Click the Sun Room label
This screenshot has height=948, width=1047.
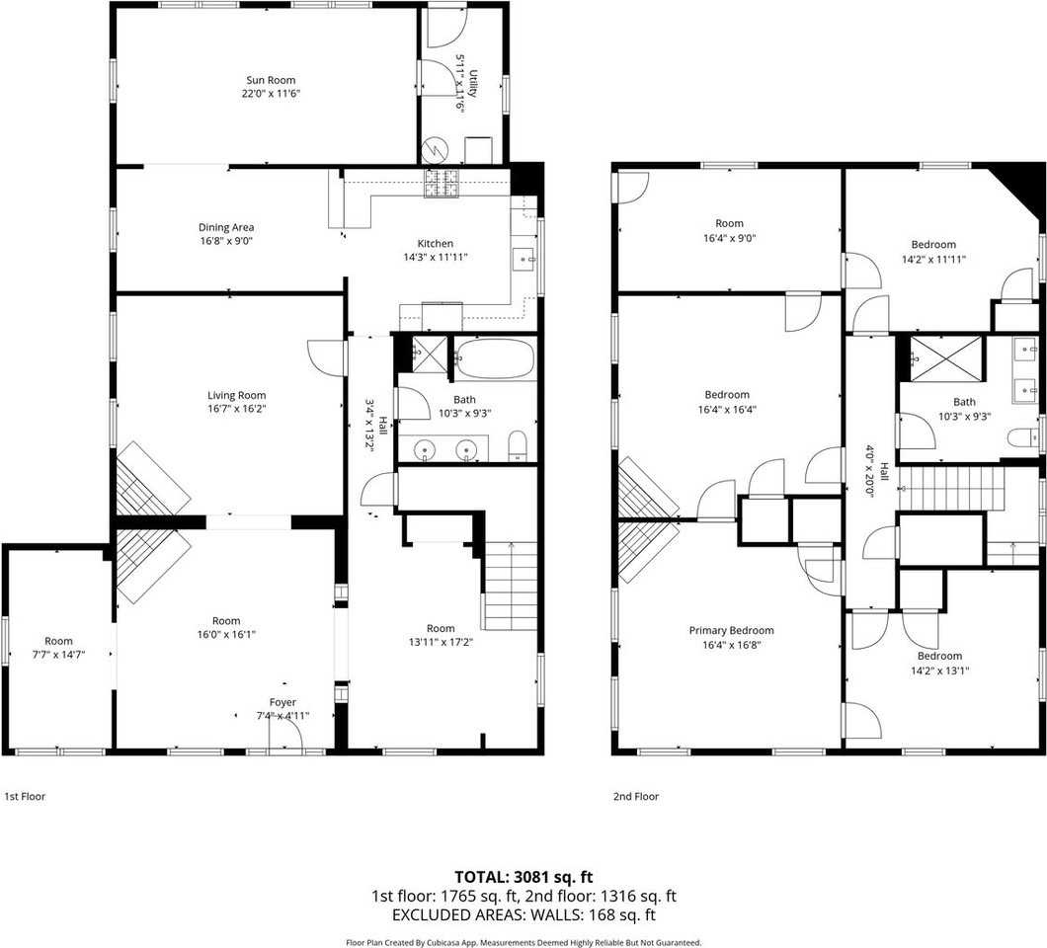[270, 80]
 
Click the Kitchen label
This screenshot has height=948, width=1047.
[436, 244]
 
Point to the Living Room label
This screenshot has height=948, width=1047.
[236, 395]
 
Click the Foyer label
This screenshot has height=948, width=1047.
[282, 703]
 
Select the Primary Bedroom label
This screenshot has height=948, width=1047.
[731, 630]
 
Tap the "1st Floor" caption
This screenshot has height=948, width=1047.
[25, 796]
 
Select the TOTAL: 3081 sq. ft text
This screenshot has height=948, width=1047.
[523, 877]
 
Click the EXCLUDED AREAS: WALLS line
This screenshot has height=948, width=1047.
[523, 915]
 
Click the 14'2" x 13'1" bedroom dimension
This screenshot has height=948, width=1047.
[938, 670]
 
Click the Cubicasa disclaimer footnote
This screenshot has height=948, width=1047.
[523, 942]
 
